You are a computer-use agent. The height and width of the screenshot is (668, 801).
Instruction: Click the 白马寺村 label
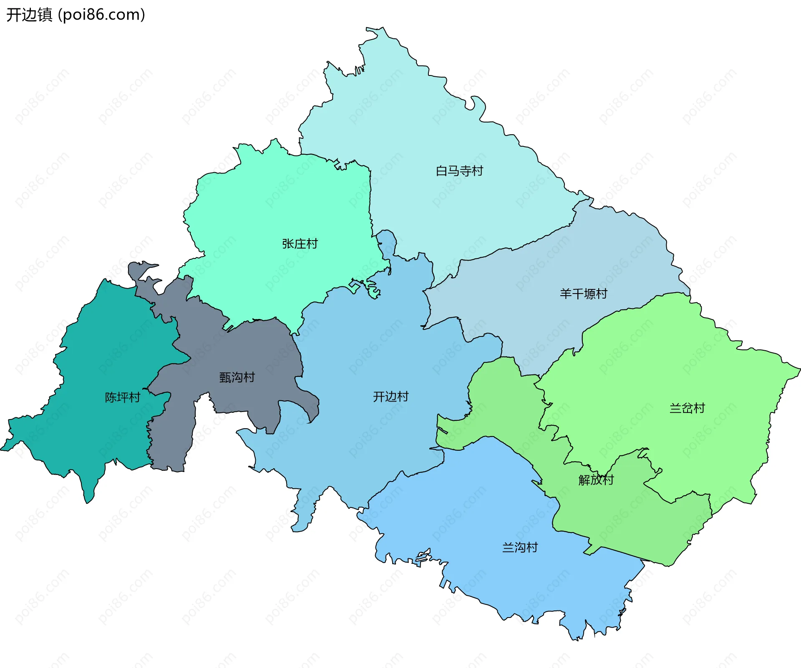point(459,171)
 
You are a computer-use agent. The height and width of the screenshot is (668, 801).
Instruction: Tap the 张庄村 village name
point(300,244)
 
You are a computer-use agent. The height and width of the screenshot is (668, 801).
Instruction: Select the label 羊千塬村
point(583,294)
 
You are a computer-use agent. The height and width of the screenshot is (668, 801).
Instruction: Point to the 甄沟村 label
point(237,377)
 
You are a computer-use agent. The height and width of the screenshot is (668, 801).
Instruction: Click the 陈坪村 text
point(122,397)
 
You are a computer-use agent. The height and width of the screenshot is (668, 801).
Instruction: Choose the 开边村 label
point(390,397)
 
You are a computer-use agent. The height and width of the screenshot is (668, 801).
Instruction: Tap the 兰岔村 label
point(687,408)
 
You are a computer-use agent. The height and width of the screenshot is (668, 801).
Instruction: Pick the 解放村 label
point(596,480)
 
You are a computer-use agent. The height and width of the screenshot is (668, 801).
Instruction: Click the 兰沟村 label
point(520,547)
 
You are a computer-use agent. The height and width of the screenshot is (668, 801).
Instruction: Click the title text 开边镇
point(29,15)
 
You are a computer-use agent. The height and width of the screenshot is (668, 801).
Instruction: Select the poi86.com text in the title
point(102,15)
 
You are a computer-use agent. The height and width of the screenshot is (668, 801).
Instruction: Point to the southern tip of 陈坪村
point(88,502)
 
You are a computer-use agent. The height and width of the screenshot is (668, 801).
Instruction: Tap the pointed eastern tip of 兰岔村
point(798,369)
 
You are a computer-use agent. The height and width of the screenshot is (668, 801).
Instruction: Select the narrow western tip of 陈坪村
point(3,449)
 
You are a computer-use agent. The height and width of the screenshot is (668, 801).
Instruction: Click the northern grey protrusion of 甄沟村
point(140,267)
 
